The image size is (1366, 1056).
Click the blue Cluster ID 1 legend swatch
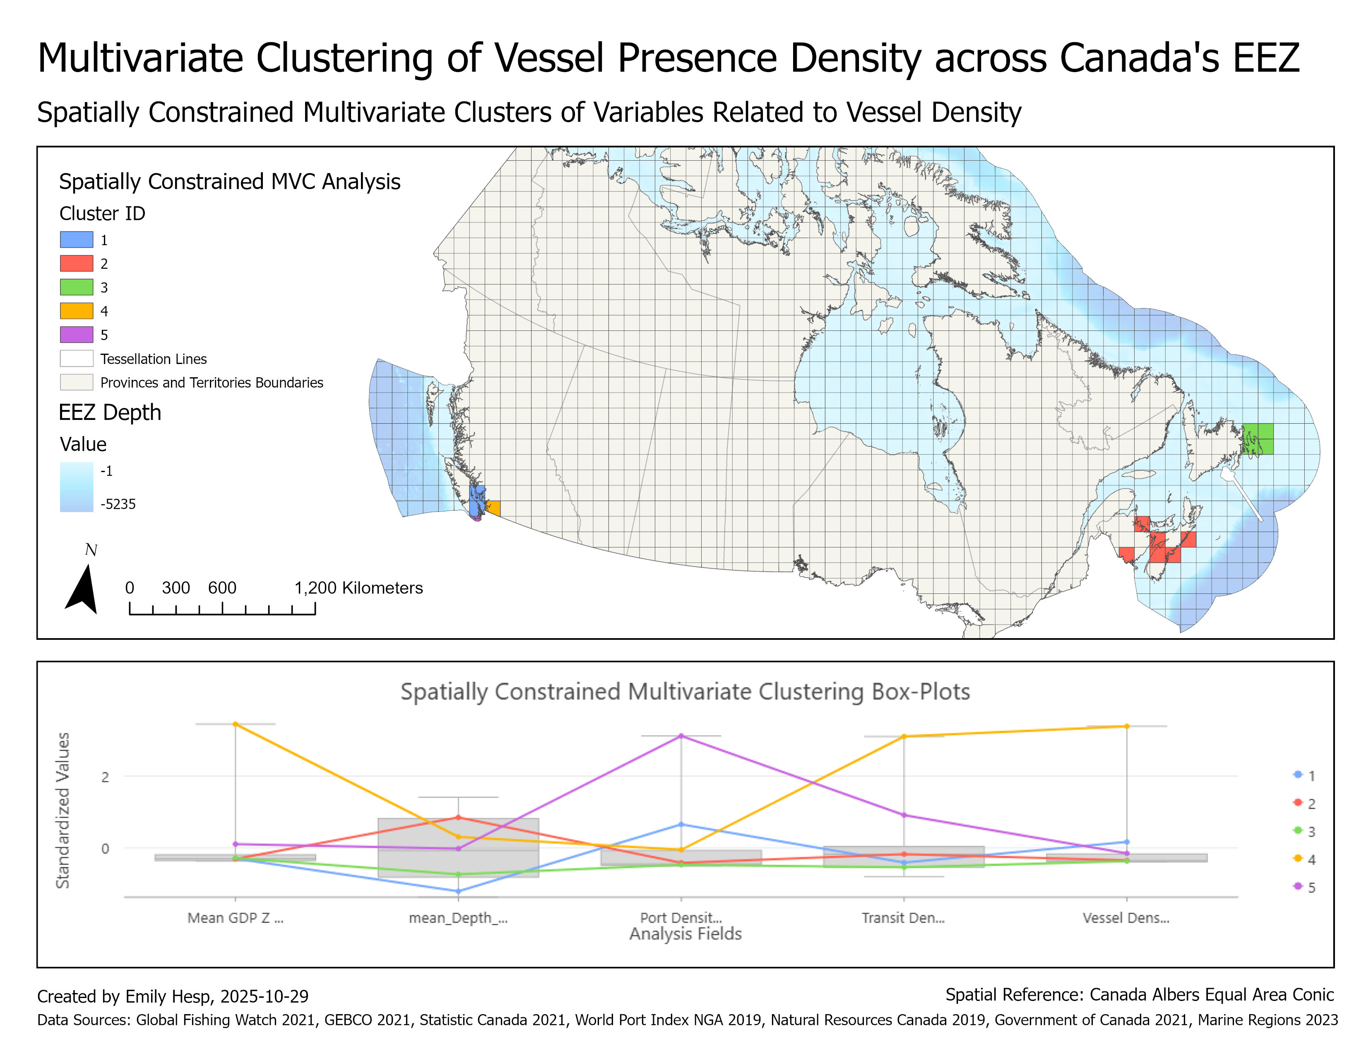pyautogui.click(x=76, y=240)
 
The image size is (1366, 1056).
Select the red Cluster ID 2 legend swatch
pyautogui.click(x=76, y=263)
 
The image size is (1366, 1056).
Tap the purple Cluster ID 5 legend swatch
pyautogui.click(x=76, y=335)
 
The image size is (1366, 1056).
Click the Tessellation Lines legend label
pyautogui.click(x=153, y=359)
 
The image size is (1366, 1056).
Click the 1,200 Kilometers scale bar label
pyautogui.click(x=358, y=588)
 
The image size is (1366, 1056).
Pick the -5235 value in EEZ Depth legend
pyautogui.click(x=118, y=504)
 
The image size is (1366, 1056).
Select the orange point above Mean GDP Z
pyautogui.click(x=235, y=724)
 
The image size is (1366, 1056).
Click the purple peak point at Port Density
pyautogui.click(x=681, y=736)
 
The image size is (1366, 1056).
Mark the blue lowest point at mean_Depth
pyautogui.click(x=459, y=892)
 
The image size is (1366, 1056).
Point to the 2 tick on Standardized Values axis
pyautogui.click(x=105, y=777)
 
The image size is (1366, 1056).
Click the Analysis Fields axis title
pyautogui.click(x=685, y=934)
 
